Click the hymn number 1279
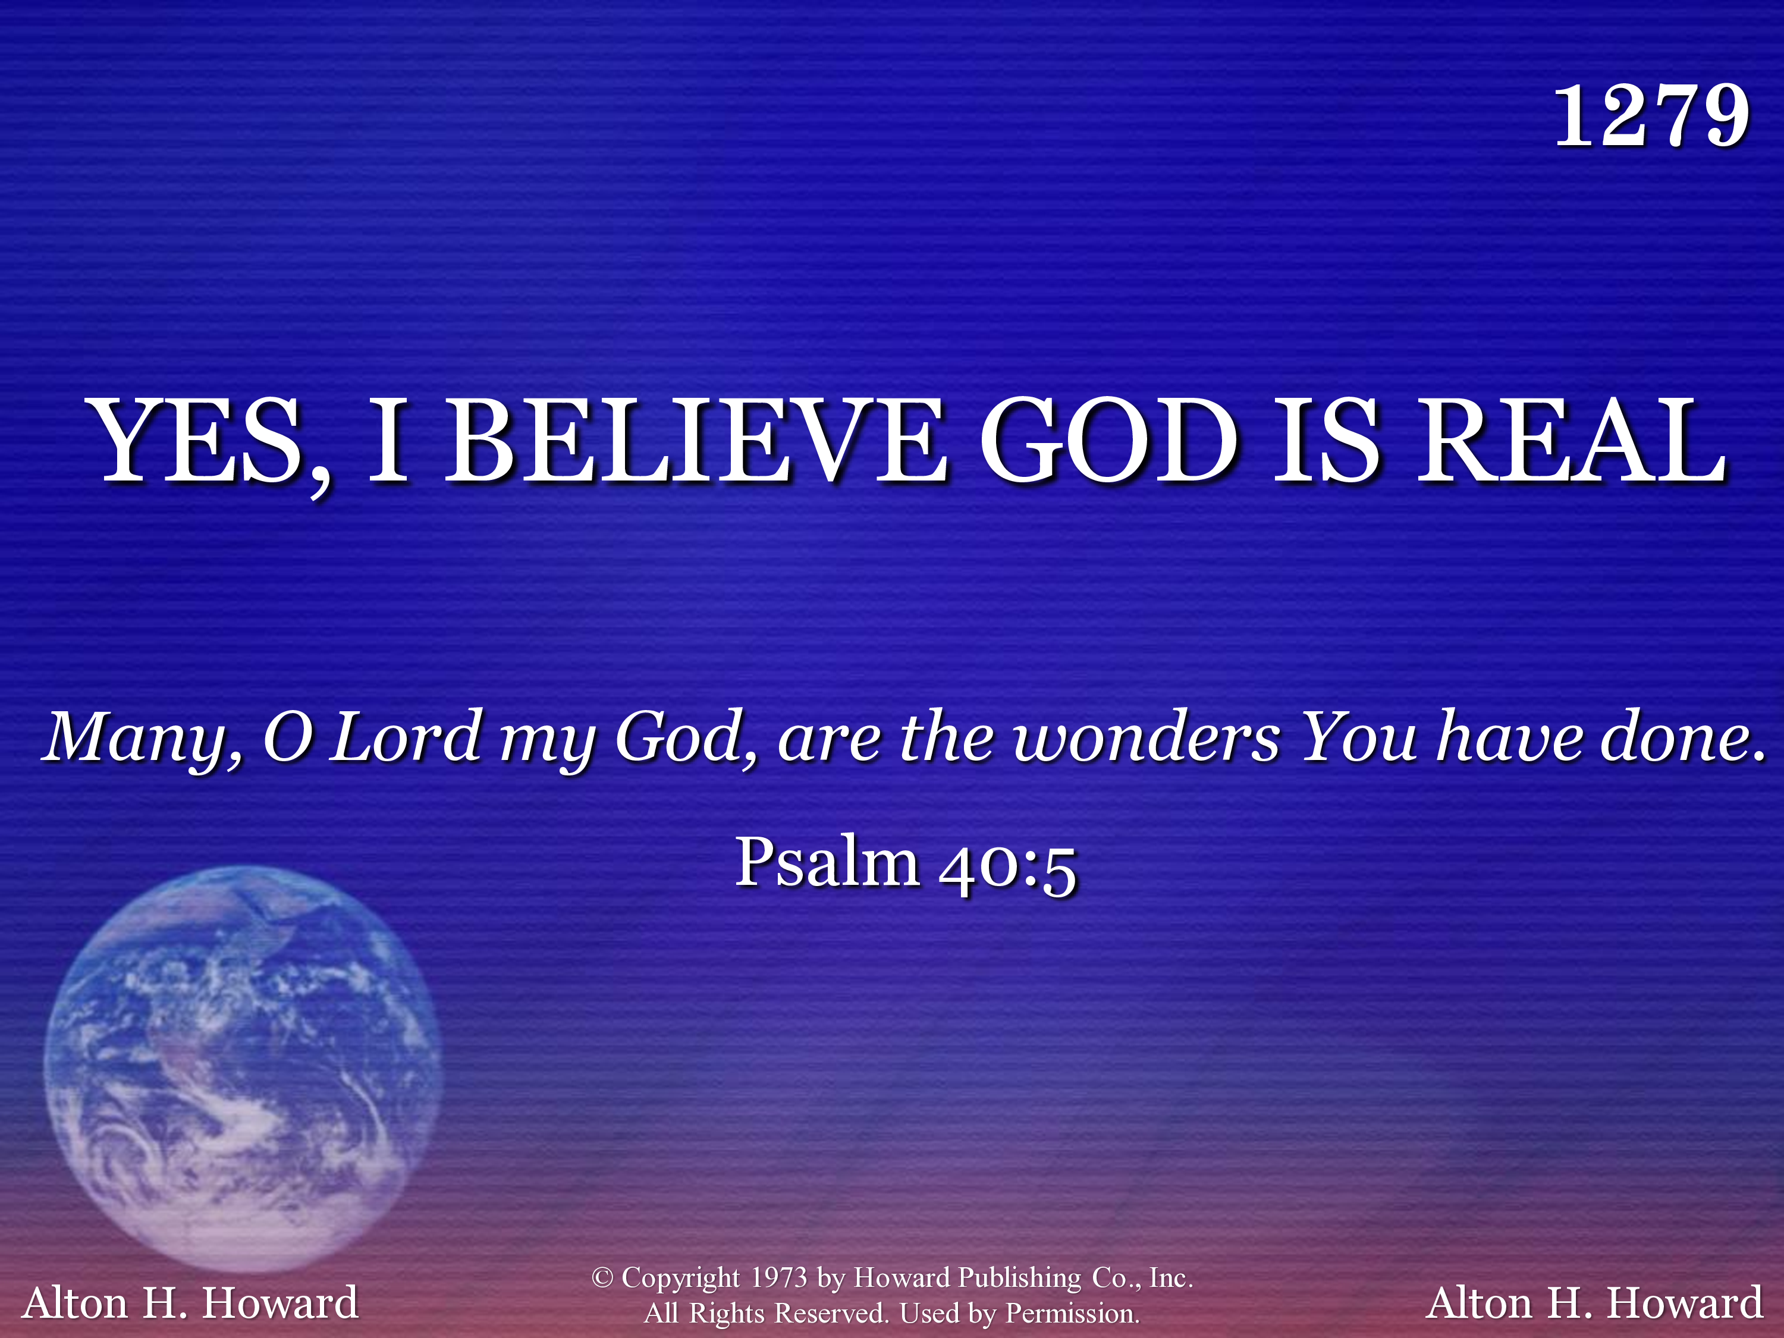pos(1651,117)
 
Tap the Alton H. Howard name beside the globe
pos(190,1302)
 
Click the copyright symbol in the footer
pos(602,1277)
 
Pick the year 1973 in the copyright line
pos(778,1277)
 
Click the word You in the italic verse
pos(1358,736)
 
